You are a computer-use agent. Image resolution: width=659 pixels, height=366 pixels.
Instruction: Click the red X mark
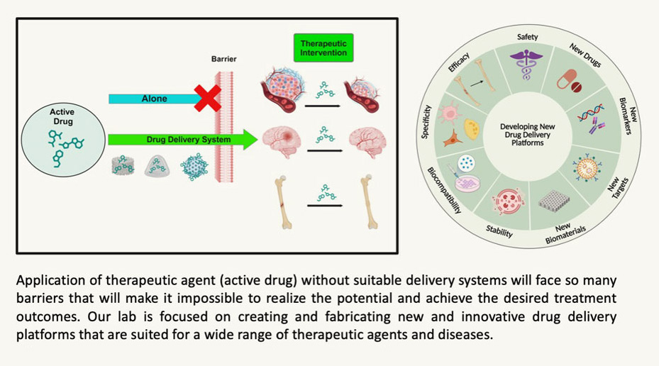pos(207,99)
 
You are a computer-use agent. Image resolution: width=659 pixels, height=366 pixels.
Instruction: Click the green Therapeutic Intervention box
pos(323,48)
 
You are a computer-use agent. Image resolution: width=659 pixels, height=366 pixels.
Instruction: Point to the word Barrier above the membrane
pos(224,60)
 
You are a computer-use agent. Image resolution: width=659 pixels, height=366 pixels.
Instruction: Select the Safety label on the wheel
pos(527,37)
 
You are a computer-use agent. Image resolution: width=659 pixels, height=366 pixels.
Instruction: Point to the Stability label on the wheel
pos(499,230)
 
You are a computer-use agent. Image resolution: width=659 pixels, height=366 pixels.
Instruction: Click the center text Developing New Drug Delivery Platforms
pos(526,133)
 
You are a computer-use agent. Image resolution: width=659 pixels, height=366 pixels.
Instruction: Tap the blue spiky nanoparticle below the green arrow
pos(194,167)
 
